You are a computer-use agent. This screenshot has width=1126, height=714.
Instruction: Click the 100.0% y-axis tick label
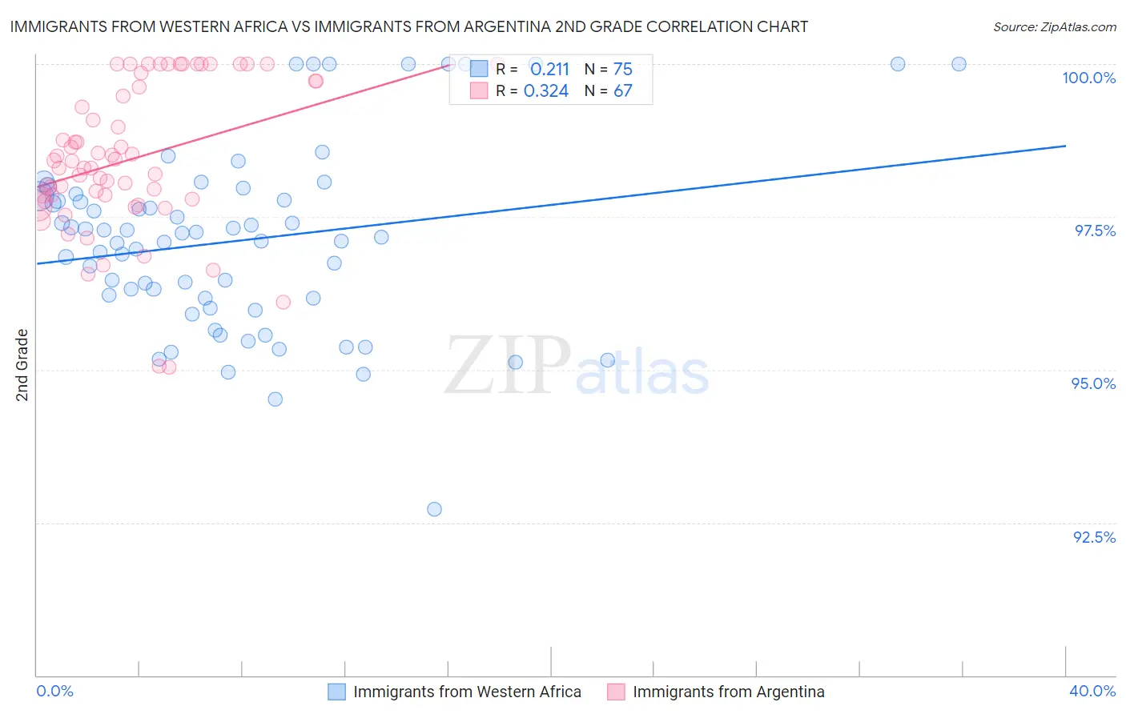tap(1088, 78)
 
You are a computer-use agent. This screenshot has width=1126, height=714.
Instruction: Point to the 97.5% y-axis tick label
tap(1095, 231)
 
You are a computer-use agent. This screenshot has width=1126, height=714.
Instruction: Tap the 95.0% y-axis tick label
tap(1093, 383)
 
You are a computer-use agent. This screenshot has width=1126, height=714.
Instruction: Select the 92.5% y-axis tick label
tap(1094, 537)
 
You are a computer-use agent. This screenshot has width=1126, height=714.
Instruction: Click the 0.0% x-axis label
tap(54, 691)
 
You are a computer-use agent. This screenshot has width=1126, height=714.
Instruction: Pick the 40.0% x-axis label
tap(1092, 691)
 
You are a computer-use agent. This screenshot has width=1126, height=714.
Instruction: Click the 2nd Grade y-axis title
tap(22, 365)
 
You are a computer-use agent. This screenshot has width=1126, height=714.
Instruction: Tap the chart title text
tap(408, 26)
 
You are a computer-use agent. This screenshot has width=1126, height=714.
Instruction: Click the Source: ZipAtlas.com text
tap(1054, 26)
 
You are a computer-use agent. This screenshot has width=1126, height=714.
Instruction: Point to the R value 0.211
tap(549, 69)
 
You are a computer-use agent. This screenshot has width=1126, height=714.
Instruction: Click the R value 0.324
tap(546, 90)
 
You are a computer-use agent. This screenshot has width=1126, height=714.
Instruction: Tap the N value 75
tap(622, 69)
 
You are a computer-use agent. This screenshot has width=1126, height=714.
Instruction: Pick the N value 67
tap(622, 90)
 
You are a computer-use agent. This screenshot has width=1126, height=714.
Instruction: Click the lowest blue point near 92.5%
tap(434, 509)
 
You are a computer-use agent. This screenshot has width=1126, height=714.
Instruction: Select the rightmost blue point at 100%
tap(959, 64)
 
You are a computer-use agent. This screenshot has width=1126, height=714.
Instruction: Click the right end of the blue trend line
tap(1065, 146)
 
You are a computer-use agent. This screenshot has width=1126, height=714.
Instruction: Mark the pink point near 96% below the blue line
tap(283, 302)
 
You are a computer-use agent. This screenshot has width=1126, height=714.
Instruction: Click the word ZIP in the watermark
tap(507, 367)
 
